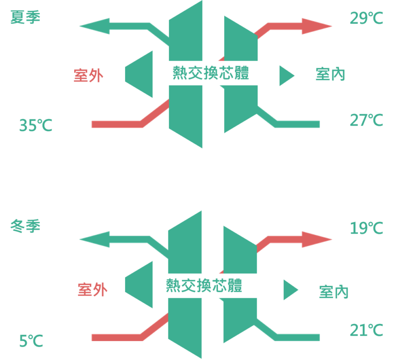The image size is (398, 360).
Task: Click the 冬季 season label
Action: [25, 226]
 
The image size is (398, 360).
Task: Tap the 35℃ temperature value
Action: [36, 126]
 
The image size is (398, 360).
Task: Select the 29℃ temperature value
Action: [366, 18]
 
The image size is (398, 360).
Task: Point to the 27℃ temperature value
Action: [366, 120]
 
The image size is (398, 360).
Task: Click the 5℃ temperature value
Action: [31, 342]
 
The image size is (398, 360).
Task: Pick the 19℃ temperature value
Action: [366, 228]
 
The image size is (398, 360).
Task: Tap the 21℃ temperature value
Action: [366, 330]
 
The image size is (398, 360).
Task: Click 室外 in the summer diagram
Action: [89, 76]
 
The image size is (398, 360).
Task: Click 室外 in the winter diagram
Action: [93, 290]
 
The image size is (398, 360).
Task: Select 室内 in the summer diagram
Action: [330, 74]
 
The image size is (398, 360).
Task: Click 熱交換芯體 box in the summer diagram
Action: [217, 73]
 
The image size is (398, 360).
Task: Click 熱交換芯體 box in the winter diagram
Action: [210, 285]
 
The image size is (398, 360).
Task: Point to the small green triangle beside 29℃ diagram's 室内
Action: [286, 75]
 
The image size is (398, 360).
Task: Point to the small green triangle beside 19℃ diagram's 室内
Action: [290, 290]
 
